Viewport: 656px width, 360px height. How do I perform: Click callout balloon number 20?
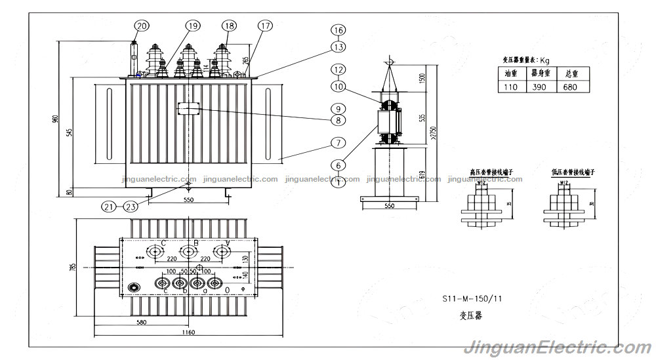[x=142, y=26]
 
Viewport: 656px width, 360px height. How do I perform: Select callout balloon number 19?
[x=192, y=26]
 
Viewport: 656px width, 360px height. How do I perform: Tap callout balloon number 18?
[x=228, y=26]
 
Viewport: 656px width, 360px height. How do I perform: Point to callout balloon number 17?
[x=264, y=26]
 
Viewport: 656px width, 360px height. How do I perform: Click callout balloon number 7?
[x=338, y=142]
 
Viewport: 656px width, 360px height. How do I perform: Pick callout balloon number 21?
[x=109, y=206]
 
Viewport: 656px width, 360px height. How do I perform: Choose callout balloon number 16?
[x=338, y=30]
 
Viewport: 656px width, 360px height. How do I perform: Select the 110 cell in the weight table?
[x=510, y=87]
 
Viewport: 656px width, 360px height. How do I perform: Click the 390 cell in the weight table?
[x=540, y=87]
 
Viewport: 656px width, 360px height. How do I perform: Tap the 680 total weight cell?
[x=571, y=87]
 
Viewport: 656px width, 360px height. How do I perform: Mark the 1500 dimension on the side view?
[x=422, y=77]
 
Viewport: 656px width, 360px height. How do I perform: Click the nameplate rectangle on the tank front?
[x=188, y=108]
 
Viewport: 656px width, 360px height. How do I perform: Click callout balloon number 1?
[x=338, y=183]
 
